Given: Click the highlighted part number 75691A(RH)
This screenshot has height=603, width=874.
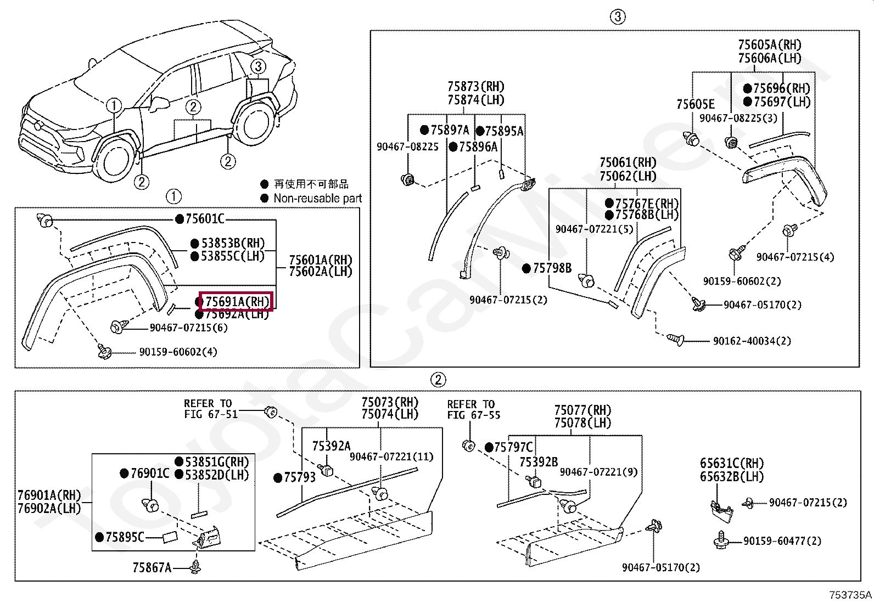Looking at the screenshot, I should click(237, 301).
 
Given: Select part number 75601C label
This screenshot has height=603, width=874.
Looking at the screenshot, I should click(205, 219).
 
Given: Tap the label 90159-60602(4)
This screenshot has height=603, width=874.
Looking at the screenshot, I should click(178, 352).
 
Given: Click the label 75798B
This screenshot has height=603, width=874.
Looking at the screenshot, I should click(552, 268).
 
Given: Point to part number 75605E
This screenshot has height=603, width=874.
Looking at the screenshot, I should click(695, 104).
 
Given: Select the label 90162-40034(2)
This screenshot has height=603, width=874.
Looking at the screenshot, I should click(752, 341).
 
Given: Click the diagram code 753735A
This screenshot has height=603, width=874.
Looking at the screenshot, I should click(850, 595).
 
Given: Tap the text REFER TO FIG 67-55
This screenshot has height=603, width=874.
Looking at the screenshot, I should click(473, 409).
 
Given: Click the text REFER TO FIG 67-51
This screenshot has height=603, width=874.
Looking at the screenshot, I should click(210, 409).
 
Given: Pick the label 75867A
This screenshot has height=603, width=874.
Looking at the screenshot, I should click(152, 567).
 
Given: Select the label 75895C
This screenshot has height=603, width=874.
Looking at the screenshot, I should click(125, 537).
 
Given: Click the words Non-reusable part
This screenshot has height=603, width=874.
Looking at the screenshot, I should click(317, 198).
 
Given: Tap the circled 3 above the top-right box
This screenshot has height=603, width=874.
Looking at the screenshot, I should click(617, 16).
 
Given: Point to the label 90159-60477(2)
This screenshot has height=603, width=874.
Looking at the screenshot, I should click(782, 541).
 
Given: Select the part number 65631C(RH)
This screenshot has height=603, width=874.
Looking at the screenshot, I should click(731, 463).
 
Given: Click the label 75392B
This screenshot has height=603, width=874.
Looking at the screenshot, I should click(538, 462).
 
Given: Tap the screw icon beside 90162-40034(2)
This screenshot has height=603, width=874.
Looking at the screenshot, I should click(675, 340).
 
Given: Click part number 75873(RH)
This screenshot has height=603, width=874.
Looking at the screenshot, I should click(475, 86).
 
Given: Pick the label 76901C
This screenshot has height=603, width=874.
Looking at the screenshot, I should click(149, 472).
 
